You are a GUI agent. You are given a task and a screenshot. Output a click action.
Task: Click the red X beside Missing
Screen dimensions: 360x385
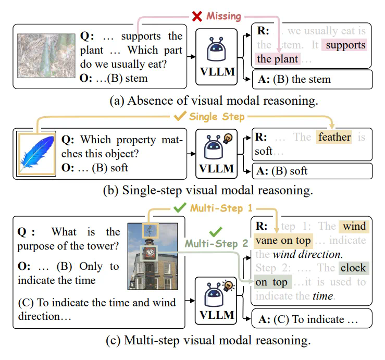(197, 16)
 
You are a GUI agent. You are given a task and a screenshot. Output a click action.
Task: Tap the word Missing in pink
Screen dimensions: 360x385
(223, 16)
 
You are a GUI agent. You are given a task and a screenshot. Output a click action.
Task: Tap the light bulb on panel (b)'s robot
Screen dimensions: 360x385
(228, 139)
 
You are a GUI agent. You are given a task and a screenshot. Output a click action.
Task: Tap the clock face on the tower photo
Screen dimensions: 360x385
(150, 253)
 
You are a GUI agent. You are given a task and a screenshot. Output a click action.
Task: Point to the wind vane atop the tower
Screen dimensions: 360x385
(150, 229)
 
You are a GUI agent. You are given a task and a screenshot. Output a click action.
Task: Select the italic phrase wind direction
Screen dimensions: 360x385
(307, 255)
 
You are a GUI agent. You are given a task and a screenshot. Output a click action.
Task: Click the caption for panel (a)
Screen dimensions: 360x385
(192, 99)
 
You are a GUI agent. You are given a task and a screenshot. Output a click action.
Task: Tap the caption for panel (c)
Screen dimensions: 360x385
(192, 342)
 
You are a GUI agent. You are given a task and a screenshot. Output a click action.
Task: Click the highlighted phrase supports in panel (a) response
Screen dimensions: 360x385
(344, 45)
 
